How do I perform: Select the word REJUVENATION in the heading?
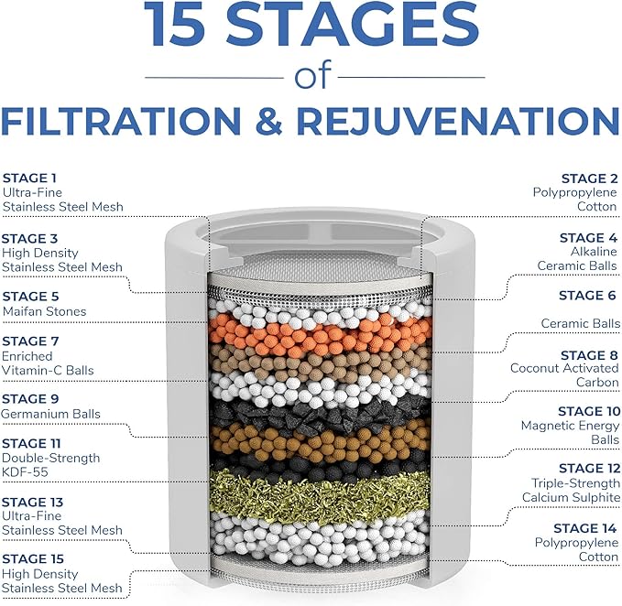pyautogui.click(x=477, y=122)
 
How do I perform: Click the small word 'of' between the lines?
pyautogui.click(x=311, y=78)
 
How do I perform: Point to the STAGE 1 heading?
pyautogui.click(x=29, y=178)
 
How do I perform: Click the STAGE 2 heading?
pyautogui.click(x=590, y=178)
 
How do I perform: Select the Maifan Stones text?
pyautogui.click(x=44, y=311)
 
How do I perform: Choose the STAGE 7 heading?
pyautogui.click(x=30, y=341)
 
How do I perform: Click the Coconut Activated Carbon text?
pyautogui.click(x=565, y=375)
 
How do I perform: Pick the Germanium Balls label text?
pyautogui.click(x=51, y=414)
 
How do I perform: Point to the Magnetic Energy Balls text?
pyautogui.click(x=571, y=433)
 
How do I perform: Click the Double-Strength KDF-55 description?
pyautogui.click(x=51, y=465)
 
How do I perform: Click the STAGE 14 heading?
pyautogui.click(x=586, y=528)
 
